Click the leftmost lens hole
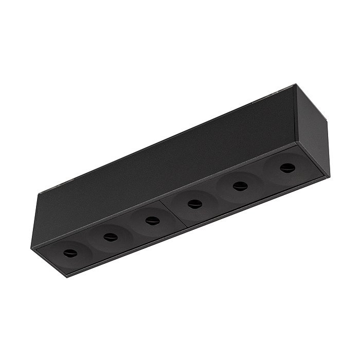click(x=69, y=253)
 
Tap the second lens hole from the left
click(x=110, y=237)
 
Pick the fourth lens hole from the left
click(x=194, y=204)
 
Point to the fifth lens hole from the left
click(x=238, y=186)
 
